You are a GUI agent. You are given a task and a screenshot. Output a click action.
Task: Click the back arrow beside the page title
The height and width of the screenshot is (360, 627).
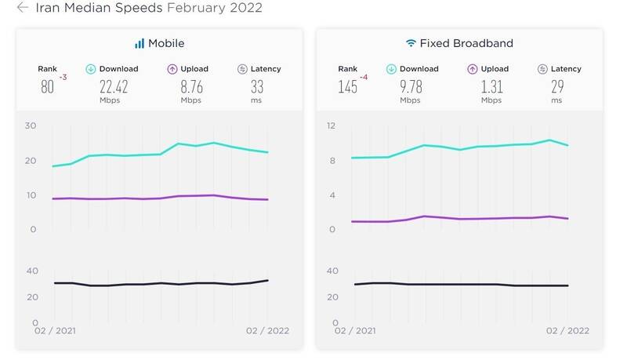[23, 7]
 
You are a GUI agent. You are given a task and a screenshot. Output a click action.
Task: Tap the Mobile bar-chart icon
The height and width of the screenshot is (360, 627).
[140, 43]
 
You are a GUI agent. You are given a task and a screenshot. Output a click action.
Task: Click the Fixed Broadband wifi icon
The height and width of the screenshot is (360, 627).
[411, 43]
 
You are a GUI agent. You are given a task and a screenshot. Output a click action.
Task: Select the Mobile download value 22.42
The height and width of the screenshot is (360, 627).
[114, 86]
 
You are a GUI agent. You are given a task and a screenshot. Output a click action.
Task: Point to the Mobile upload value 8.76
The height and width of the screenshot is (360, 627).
[191, 86]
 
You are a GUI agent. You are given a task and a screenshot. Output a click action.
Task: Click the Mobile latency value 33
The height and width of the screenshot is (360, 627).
[257, 86]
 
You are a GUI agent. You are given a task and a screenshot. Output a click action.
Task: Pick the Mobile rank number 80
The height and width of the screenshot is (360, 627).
[47, 86]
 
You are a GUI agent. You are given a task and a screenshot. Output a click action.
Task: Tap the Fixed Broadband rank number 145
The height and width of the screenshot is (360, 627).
[347, 86]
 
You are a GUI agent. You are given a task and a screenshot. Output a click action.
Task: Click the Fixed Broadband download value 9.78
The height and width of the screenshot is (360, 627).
[411, 86]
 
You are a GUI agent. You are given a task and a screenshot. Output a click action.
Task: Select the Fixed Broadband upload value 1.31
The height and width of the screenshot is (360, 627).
[492, 86]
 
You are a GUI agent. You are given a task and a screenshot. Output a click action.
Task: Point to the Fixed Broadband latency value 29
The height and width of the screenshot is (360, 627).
[557, 86]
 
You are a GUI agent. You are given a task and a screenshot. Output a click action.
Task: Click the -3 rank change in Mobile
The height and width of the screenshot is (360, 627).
[63, 77]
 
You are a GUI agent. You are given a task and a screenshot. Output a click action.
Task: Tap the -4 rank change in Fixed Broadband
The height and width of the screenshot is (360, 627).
[364, 77]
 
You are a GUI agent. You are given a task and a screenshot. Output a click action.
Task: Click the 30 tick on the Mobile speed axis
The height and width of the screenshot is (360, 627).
[31, 125]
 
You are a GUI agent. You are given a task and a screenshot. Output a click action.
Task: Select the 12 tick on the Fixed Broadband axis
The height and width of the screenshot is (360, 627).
[331, 125]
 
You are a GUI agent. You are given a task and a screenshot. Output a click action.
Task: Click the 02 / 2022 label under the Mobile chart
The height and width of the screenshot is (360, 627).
[267, 331]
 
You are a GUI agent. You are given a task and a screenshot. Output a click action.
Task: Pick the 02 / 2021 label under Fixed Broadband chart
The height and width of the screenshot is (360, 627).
[355, 331]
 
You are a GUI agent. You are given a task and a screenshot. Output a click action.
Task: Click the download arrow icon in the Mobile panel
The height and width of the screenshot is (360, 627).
[91, 69]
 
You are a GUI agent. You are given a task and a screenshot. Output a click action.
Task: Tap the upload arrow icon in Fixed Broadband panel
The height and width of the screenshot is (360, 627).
[473, 69]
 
